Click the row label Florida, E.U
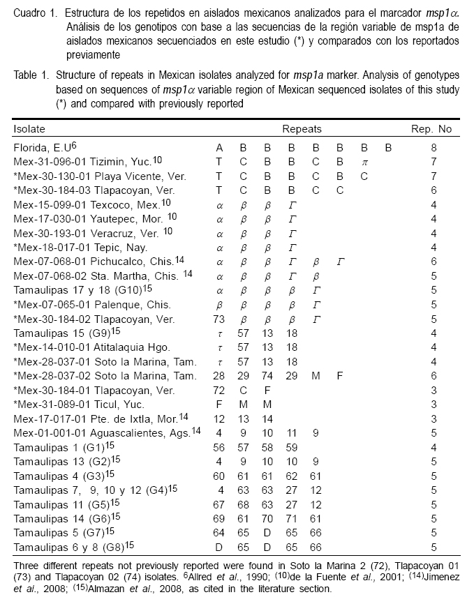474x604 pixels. [41, 148]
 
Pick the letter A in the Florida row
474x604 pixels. [220, 148]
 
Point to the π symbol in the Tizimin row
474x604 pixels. [364, 161]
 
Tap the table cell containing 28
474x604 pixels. [219, 375]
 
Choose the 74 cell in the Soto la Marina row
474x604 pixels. [267, 375]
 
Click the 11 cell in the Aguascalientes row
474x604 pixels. [292, 432]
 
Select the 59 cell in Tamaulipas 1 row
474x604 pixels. [292, 446]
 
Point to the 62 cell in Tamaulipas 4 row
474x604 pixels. [292, 474]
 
